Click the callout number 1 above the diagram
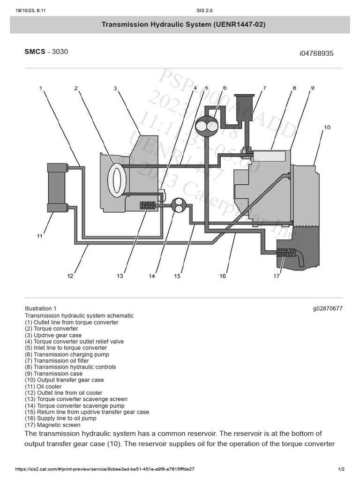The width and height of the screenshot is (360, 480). click(x=41, y=88)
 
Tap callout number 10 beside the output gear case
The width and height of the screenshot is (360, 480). click(x=327, y=127)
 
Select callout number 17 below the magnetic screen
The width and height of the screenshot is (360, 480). click(x=277, y=276)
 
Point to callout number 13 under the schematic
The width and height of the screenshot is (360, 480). click(x=120, y=276)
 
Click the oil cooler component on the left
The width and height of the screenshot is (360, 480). click(x=57, y=187)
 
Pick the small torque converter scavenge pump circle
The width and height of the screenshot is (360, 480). click(x=179, y=205)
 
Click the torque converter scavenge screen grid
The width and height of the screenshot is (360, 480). click(x=148, y=205)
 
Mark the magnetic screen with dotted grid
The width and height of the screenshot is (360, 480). click(x=285, y=253)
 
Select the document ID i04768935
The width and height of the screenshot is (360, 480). click(x=316, y=53)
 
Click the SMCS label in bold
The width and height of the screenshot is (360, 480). click(x=35, y=52)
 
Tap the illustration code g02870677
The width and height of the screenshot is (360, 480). click(x=328, y=308)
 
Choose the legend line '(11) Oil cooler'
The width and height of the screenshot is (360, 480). click(x=43, y=387)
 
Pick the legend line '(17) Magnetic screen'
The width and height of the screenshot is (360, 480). click(x=52, y=425)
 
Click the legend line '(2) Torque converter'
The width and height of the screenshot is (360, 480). click(x=51, y=329)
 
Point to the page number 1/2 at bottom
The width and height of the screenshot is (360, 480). click(x=341, y=469)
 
